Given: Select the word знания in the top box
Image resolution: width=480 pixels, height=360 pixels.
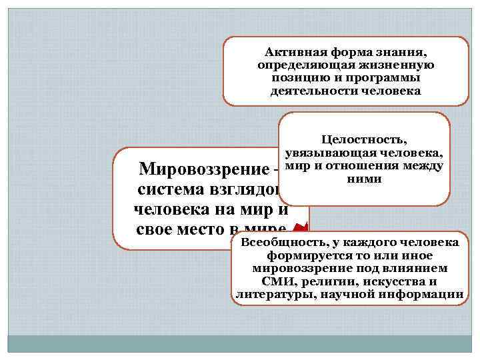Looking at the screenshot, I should click(407, 52).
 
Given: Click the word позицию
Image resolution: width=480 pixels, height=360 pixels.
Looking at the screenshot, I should click(295, 78).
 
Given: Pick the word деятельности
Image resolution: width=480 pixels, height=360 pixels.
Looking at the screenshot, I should click(309, 91).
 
